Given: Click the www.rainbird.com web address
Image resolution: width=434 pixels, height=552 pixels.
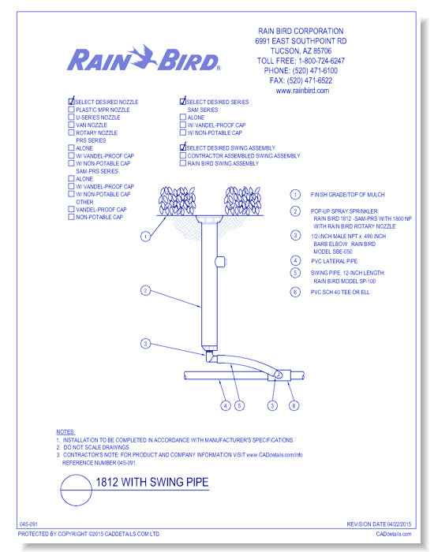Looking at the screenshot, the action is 302,91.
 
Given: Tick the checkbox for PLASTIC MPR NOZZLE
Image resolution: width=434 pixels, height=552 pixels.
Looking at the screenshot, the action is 71,110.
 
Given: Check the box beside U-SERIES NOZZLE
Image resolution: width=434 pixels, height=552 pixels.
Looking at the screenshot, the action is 71,117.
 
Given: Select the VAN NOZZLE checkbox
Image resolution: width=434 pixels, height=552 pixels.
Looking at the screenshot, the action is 71,125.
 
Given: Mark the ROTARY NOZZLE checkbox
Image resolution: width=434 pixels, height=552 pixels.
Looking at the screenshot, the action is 71,132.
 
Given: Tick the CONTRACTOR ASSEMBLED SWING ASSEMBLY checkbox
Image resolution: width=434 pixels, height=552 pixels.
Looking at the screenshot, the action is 183,155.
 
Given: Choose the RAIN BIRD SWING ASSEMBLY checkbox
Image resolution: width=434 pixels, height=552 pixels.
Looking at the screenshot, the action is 183,163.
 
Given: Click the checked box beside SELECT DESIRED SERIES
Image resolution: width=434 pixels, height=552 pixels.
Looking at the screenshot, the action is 183,102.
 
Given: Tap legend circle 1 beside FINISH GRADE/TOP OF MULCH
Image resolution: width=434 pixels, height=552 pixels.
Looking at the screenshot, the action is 295,195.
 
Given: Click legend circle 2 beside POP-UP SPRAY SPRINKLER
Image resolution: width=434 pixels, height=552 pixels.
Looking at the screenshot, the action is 295,211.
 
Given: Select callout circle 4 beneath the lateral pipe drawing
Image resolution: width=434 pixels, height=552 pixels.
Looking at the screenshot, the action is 226,405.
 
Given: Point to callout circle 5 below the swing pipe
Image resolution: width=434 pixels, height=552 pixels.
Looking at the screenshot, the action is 240,405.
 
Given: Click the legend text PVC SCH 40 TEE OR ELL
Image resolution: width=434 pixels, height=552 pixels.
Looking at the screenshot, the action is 340,293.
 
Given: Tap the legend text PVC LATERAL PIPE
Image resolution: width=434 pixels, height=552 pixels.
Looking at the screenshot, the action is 334,261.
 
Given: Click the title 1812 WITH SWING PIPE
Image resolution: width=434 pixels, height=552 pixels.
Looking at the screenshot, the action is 152,482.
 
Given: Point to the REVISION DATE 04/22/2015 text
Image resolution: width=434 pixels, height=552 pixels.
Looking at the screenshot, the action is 379,524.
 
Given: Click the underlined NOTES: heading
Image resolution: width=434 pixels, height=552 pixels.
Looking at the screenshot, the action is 65,432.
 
